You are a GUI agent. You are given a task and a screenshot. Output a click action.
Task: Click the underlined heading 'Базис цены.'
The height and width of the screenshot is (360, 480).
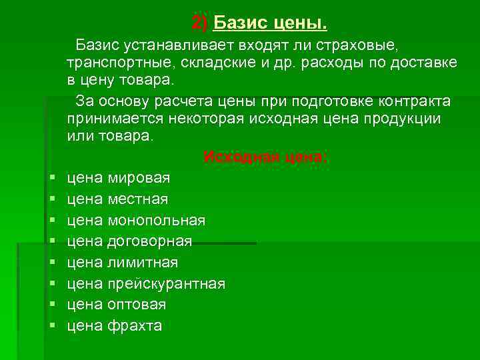(x=270, y=24)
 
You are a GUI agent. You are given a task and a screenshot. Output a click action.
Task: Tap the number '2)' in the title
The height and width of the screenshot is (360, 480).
(x=200, y=24)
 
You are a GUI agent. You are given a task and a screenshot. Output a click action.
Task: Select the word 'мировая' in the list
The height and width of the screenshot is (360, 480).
(x=139, y=178)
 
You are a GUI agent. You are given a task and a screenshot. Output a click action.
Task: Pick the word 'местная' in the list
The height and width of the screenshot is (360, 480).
(x=137, y=199)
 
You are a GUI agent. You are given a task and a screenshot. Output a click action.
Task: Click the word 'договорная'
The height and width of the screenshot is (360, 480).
(x=150, y=241)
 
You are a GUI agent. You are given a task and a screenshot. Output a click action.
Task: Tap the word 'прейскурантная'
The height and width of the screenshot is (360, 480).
(x=167, y=283)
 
